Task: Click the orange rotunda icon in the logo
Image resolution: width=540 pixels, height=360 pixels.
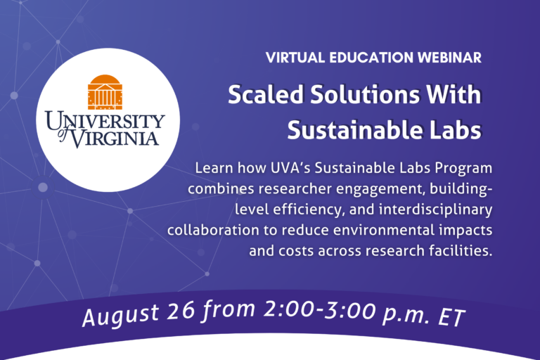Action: [105, 92]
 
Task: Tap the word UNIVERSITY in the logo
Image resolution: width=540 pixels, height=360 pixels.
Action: [105, 121]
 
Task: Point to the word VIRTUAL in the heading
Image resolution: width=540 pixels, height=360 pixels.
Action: [295, 58]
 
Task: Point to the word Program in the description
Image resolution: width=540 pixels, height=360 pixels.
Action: [463, 169]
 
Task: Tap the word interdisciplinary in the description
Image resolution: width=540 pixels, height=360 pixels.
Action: [435, 210]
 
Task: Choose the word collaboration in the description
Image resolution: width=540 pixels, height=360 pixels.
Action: [213, 230]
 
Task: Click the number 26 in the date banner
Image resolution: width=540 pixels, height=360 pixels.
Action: [181, 310]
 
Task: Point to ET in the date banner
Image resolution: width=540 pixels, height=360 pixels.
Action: [451, 317]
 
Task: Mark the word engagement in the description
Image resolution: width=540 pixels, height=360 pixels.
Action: [379, 189]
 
